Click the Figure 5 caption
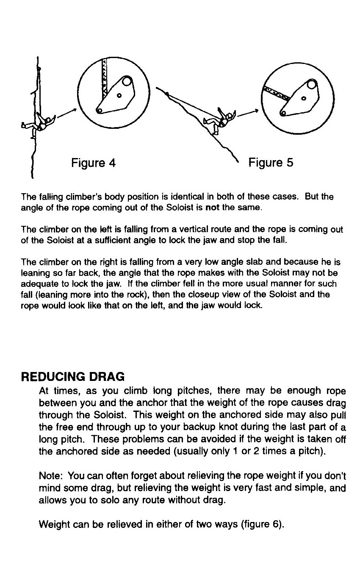pyautogui.click(x=271, y=163)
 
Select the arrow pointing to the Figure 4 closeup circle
pyautogui.click(x=66, y=113)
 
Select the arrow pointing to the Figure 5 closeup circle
pyautogui.click(x=248, y=113)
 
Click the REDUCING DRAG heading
pyautogui.click(x=73, y=376)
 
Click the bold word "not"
pyautogui.click(x=211, y=208)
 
